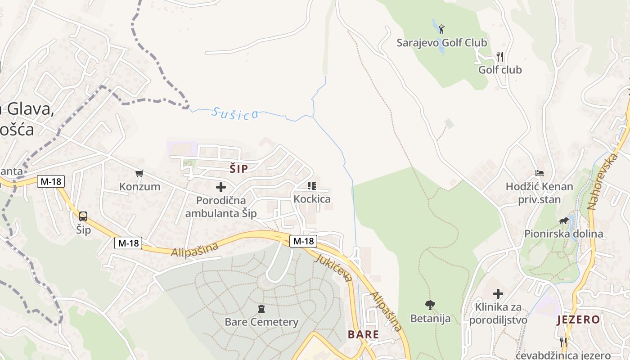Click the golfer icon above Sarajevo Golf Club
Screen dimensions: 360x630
click(x=441, y=30)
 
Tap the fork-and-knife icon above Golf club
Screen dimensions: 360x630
click(x=499, y=57)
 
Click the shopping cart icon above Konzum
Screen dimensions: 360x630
click(x=139, y=173)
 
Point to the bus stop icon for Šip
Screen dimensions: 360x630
click(x=83, y=216)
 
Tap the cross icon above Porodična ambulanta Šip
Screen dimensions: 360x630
click(x=221, y=187)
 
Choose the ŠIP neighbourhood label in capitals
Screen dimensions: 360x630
click(x=238, y=169)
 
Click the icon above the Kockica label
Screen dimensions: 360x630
click(x=311, y=185)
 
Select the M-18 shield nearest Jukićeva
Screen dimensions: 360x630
click(x=303, y=241)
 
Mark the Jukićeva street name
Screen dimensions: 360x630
click(x=333, y=267)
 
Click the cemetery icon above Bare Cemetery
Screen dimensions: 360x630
click(x=261, y=309)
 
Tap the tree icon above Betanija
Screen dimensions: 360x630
click(x=430, y=305)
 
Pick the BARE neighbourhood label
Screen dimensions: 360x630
click(x=363, y=334)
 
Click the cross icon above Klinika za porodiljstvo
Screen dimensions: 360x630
click(x=498, y=294)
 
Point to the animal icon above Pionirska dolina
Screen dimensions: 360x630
click(x=563, y=220)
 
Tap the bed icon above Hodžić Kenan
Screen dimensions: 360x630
click(x=539, y=173)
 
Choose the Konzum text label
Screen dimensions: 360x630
click(x=139, y=186)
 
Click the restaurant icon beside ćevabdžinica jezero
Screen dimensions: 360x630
click(x=562, y=341)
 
